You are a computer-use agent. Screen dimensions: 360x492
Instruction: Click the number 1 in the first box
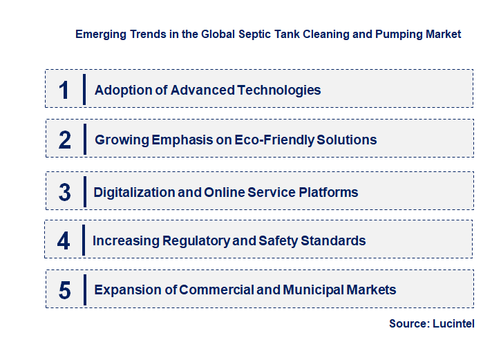[x=64, y=89]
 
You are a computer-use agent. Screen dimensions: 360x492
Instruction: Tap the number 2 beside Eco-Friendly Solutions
[x=65, y=140]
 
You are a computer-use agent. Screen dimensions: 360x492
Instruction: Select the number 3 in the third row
[x=64, y=192]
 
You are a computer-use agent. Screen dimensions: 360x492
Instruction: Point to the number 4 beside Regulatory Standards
[x=64, y=241]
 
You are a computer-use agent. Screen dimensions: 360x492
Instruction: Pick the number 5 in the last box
[x=64, y=290]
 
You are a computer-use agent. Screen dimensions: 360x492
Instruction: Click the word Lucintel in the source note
[x=453, y=324]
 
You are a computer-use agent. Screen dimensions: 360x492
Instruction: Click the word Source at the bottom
[x=408, y=324]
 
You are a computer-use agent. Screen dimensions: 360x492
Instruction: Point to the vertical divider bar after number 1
[x=84, y=89]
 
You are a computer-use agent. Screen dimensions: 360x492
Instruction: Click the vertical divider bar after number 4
[x=83, y=241]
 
